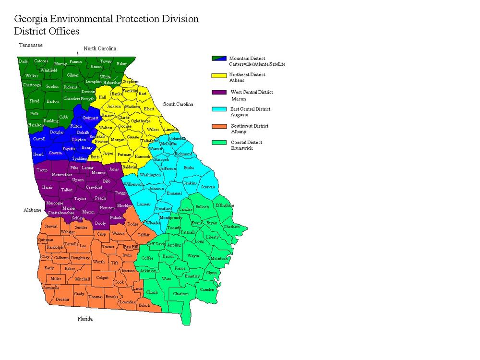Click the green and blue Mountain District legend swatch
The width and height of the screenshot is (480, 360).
coord(218,59)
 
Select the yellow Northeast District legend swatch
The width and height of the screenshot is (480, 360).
coord(218,75)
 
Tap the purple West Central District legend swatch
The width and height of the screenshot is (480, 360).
coord(218,93)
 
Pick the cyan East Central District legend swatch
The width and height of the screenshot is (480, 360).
coord(218,109)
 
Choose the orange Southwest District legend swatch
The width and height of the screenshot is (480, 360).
coord(218,127)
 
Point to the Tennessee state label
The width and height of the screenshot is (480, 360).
coord(31,45)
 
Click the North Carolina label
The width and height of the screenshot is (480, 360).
coord(100,48)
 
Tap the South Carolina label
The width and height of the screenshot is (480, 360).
coord(178,104)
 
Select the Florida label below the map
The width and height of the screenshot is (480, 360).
coord(85,319)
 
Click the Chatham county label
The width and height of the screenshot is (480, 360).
coord(231,226)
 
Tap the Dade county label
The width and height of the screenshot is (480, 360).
coord(23,61)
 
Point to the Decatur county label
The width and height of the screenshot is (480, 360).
coord(62,299)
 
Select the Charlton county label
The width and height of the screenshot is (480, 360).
coord(181,293)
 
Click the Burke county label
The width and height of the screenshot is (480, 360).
coord(189,168)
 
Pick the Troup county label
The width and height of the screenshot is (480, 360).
coord(42,170)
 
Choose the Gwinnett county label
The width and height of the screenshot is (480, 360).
coord(90,118)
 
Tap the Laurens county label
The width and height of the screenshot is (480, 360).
coord(144,204)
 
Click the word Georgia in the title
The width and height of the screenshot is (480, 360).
coord(31,20)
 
